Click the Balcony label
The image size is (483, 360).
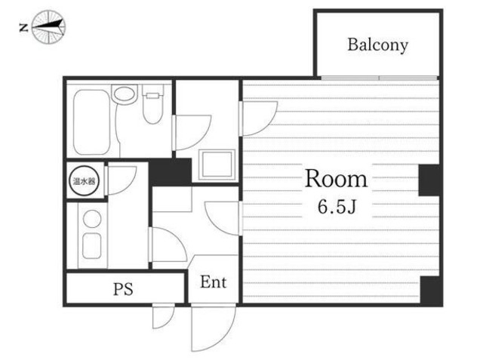point(377,45)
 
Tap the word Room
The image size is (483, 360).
point(336,179)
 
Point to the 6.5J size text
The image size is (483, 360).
point(337,206)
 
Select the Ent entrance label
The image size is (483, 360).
point(213,282)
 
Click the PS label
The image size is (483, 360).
point(123,289)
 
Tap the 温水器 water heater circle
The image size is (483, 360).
point(84,181)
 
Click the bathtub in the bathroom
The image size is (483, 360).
point(92,122)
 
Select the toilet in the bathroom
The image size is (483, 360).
point(152,104)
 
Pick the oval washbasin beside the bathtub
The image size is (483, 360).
point(124,94)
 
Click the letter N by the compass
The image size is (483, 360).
point(23,28)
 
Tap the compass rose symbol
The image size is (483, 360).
point(48,26)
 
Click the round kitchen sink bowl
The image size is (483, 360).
point(92,218)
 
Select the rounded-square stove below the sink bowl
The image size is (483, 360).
point(92,246)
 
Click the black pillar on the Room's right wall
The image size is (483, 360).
point(429,180)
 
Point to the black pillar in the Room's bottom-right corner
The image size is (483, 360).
point(431,290)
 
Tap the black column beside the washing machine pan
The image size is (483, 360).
point(171,172)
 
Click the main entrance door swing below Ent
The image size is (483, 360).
point(213,327)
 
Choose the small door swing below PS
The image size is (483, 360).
point(164,315)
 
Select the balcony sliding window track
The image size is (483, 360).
point(379,78)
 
